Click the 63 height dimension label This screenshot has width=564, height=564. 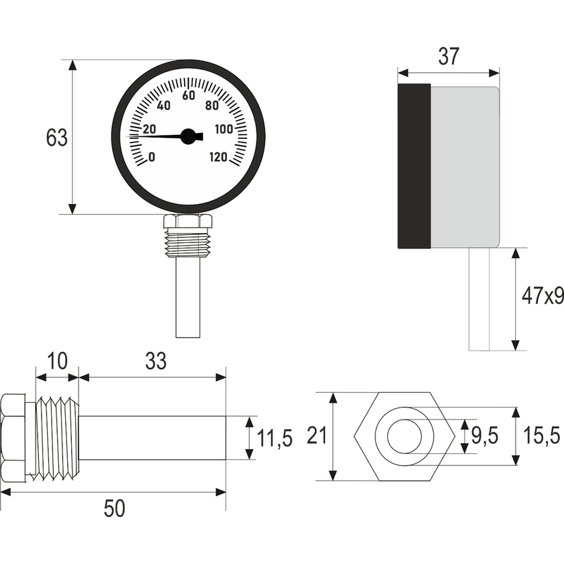tap(57, 138)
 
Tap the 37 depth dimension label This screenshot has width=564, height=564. tap(448, 58)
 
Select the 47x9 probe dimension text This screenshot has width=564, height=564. tap(542, 296)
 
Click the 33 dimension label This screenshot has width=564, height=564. tap(156, 361)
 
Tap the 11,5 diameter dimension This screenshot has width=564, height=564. tap(275, 439)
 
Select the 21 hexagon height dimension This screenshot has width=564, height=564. tap(316, 436)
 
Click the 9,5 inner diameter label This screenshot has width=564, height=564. tap(484, 436)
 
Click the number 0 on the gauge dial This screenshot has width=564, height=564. tap(152, 158)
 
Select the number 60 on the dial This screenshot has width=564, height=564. tap(189, 95)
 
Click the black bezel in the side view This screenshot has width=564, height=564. tap(414, 166)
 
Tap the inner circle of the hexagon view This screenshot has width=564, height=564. tap(404, 436)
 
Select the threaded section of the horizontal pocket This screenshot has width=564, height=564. tap(56, 436)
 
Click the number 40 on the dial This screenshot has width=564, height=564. tap(163, 105)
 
